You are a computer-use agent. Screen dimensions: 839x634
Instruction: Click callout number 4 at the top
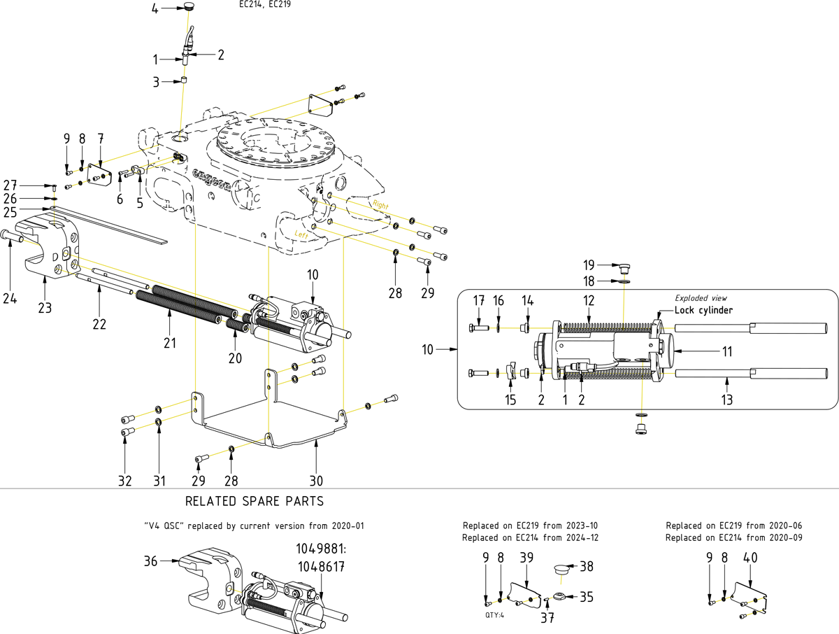[x=155, y=8]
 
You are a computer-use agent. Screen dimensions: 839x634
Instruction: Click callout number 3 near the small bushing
[x=156, y=82]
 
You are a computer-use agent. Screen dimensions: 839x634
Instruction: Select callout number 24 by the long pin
[x=10, y=298]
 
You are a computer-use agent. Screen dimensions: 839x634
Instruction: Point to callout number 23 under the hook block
[x=45, y=308]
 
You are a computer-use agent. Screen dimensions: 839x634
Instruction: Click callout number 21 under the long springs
[x=170, y=343]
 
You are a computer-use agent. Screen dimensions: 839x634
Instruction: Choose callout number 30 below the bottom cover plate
[x=316, y=481]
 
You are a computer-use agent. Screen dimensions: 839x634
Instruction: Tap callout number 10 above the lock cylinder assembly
[x=313, y=274]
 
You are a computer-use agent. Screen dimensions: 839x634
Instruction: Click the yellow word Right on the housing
[x=380, y=204]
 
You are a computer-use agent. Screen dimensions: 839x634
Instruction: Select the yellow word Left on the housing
[x=301, y=234]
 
